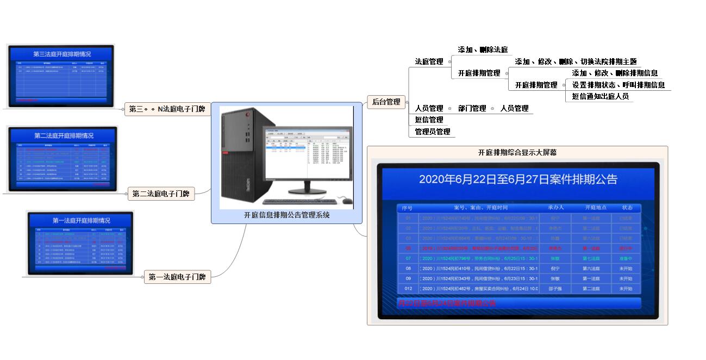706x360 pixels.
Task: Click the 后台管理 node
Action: coord(386,102)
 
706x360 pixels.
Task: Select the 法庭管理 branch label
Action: coord(429,62)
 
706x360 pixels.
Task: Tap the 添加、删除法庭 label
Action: coord(483,49)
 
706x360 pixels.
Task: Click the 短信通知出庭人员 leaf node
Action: coord(600,96)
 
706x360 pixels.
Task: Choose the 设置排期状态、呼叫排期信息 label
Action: coord(618,85)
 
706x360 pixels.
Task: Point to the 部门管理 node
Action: coord(472,108)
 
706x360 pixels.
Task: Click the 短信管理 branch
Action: coord(429,120)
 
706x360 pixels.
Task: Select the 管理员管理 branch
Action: coord(432,132)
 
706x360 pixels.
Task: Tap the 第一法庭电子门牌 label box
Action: coord(177,277)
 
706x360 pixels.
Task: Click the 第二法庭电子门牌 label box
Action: coord(161,194)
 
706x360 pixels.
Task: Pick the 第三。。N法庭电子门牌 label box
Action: coord(167,109)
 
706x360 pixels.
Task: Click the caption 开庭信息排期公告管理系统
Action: coord(286,215)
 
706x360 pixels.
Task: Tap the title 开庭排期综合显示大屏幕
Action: coord(517,152)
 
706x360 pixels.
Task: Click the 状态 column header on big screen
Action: coord(627,208)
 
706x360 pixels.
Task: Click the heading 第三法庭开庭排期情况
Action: coord(62,54)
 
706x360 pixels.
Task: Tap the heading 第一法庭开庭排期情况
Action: coord(81,221)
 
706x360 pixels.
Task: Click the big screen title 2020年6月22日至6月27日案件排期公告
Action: coord(518,179)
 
